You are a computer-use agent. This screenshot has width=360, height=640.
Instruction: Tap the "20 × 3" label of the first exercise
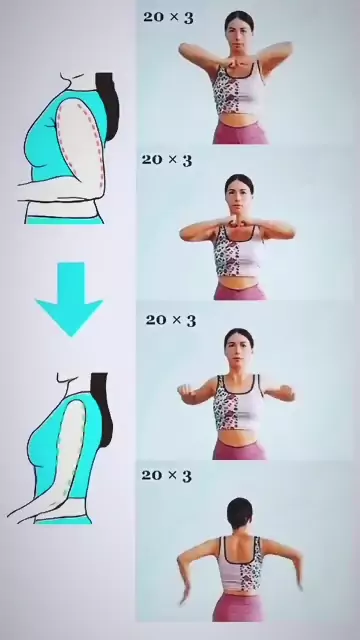coord(168,18)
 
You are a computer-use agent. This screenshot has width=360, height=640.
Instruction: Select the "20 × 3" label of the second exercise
coord(167,160)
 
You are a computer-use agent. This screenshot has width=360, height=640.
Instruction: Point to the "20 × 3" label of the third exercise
coord(171,320)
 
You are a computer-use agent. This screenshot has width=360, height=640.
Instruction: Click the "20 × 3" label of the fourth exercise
coord(167,476)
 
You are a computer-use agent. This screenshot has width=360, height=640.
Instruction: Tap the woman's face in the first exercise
coord(239,38)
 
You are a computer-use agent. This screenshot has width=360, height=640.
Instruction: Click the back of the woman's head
coord(240,513)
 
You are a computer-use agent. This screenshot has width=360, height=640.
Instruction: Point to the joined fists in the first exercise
coord(238,64)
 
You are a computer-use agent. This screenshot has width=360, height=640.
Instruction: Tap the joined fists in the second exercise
coord(238,222)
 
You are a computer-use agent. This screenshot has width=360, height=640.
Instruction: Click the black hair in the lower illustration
coord(102,408)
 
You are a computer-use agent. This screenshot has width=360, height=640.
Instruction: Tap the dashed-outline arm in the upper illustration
coord(82,143)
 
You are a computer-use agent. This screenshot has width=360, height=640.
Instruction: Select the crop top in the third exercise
coord(239,402)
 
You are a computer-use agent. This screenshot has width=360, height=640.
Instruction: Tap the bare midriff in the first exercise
coord(238,120)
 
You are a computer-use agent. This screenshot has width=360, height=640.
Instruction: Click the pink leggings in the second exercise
coord(240,292)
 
